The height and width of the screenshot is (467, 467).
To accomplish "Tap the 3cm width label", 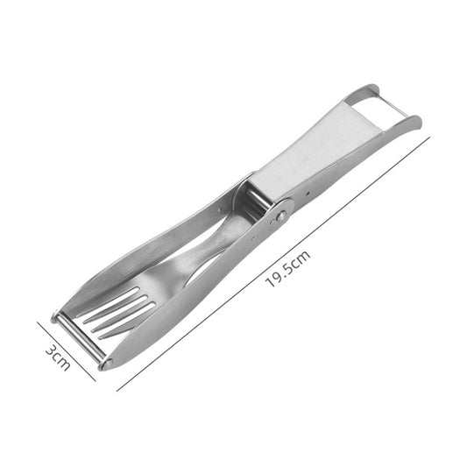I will coord(57,357).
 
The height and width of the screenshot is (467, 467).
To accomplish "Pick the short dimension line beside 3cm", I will coord(67,350).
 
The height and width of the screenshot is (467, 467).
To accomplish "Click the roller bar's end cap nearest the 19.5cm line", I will coord(106,363).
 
